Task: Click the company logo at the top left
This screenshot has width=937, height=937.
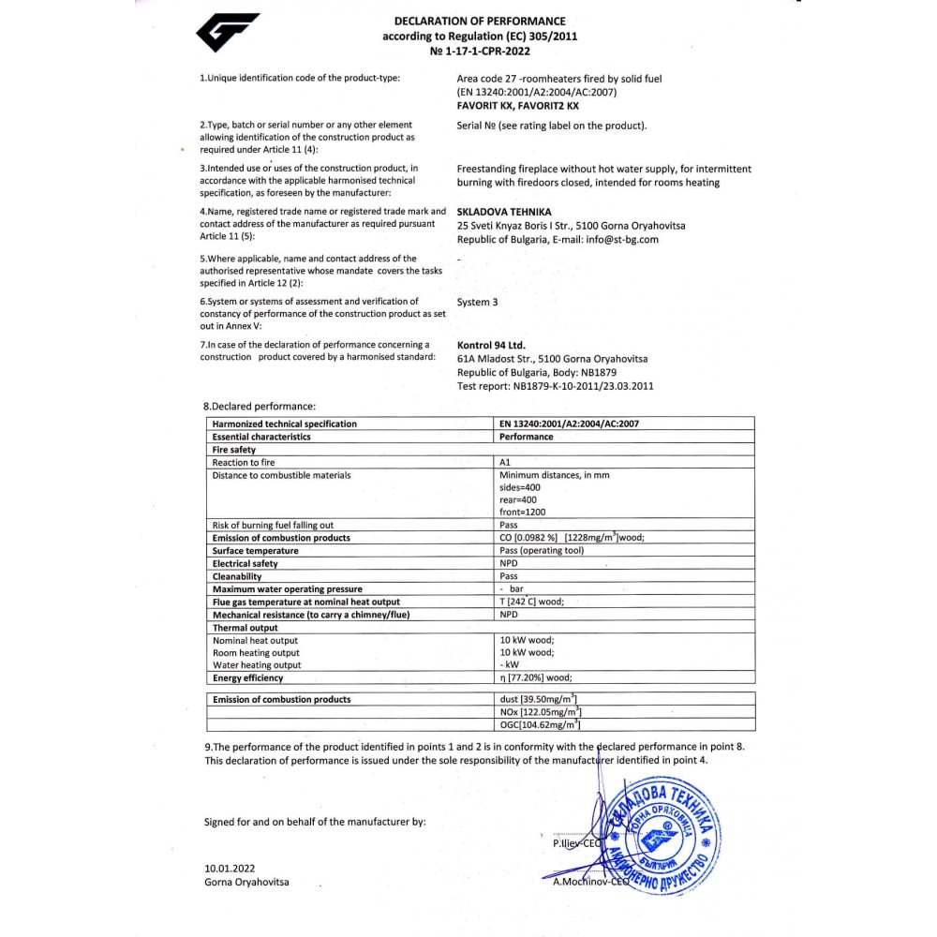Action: tap(227, 33)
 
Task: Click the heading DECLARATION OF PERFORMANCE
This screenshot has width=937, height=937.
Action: tap(480, 21)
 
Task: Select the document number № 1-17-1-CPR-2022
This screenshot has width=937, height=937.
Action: tap(480, 52)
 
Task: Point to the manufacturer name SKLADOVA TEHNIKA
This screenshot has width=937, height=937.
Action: tap(504, 212)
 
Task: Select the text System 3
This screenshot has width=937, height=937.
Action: tap(478, 303)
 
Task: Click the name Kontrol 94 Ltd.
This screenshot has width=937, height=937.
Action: tap(491, 345)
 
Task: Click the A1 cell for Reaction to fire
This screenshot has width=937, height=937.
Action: tap(506, 463)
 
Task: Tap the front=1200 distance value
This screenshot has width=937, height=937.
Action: tap(523, 513)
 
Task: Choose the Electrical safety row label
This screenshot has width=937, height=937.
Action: tap(245, 564)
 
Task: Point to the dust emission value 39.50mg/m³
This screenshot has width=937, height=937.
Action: tap(539, 699)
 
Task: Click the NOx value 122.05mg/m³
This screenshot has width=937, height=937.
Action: tap(542, 712)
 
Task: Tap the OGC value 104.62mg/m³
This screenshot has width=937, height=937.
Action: tap(542, 724)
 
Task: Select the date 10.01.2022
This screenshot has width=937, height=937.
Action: tap(230, 869)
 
